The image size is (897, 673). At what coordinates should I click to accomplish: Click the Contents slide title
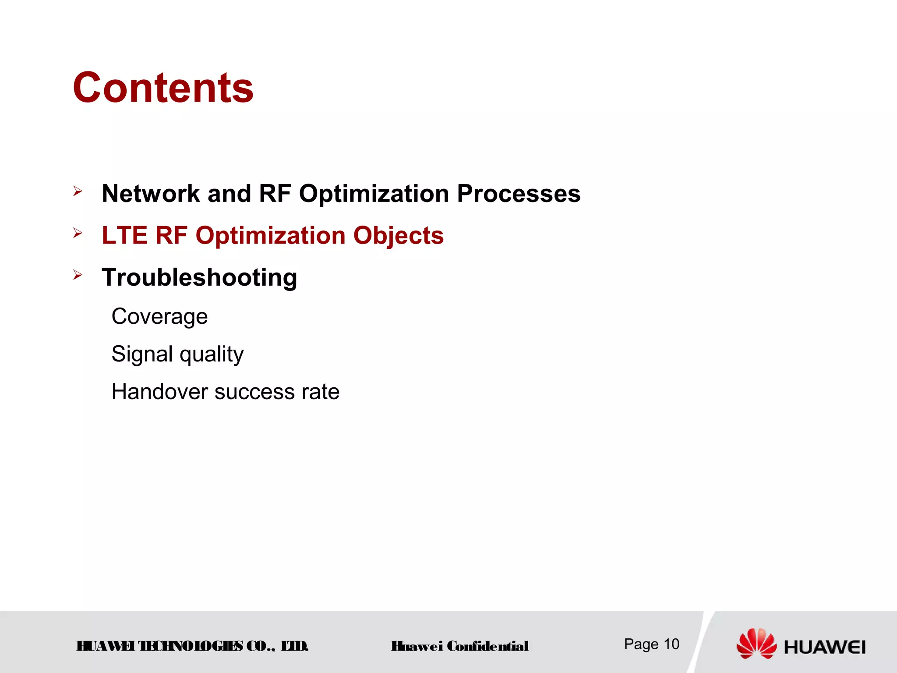163,88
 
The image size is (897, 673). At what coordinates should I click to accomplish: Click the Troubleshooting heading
199,277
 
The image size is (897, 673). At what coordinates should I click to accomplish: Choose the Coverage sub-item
159,316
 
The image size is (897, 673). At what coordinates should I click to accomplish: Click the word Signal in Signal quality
142,354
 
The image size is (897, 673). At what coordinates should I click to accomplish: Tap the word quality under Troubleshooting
212,354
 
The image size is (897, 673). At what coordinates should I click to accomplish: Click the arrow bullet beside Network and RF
78,191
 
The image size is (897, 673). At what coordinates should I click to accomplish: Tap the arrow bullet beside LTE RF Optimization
78,233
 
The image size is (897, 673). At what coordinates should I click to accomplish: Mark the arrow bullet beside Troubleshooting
78,275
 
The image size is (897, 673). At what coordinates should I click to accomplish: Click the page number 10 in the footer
671,644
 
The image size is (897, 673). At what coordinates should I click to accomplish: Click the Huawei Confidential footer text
459,646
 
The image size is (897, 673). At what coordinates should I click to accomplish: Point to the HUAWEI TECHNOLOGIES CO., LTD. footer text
192,646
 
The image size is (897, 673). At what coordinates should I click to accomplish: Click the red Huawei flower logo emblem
756,643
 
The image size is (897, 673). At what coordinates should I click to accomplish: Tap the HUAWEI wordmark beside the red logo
824,647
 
